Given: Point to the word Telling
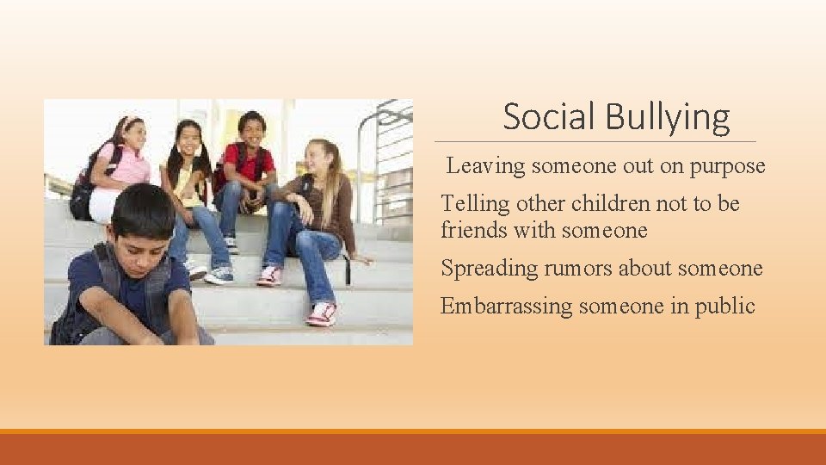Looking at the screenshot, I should (475, 204).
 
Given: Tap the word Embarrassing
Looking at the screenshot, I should (507, 306).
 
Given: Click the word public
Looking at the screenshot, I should (726, 306).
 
